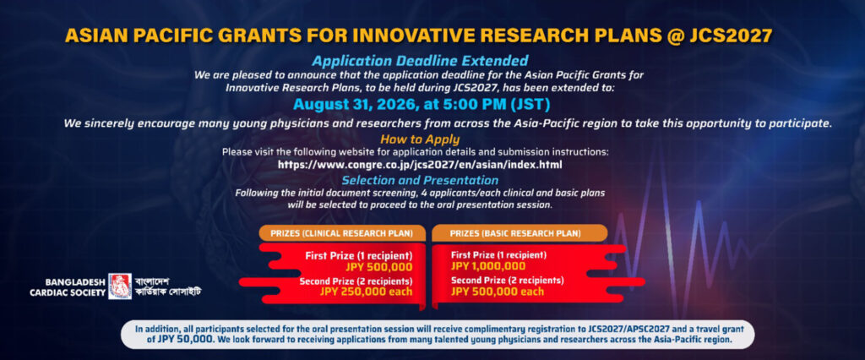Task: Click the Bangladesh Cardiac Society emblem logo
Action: tap(120, 286)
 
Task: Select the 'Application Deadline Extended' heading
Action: tap(420, 60)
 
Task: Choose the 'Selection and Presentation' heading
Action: tap(420, 180)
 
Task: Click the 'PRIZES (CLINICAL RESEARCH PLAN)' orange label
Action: tap(342, 233)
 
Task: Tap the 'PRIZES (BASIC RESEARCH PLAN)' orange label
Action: tap(515, 233)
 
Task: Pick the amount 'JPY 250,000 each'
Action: tap(366, 292)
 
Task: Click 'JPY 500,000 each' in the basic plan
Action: tap(497, 292)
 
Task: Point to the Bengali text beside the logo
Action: tap(168, 286)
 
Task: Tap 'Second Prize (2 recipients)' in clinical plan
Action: tap(356, 281)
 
